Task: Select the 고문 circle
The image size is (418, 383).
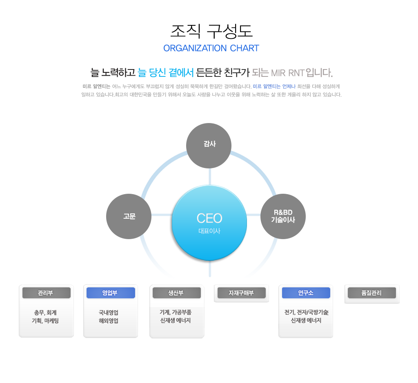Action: coord(129,216)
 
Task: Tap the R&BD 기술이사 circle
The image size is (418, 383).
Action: coord(283,216)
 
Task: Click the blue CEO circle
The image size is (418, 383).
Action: coord(209,222)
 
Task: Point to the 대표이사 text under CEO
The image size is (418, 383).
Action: coord(209,231)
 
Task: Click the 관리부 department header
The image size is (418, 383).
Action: coord(46,293)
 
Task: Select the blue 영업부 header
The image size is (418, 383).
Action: coord(110,293)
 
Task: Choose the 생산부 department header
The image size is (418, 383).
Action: coord(176,293)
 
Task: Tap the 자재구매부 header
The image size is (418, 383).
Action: coord(241,293)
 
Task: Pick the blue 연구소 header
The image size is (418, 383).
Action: coord(306,293)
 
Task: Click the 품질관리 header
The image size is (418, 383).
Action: coord(371,293)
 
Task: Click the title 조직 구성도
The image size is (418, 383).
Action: coord(211,31)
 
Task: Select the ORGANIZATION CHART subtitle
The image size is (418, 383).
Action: coord(211,48)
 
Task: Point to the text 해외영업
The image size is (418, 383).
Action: coord(109,321)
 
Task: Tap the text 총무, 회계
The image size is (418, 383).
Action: coord(45,313)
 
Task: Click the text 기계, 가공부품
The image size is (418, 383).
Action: coord(176,312)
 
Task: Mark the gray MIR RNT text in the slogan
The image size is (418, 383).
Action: coord(287,73)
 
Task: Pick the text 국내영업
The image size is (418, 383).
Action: coord(109,313)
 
